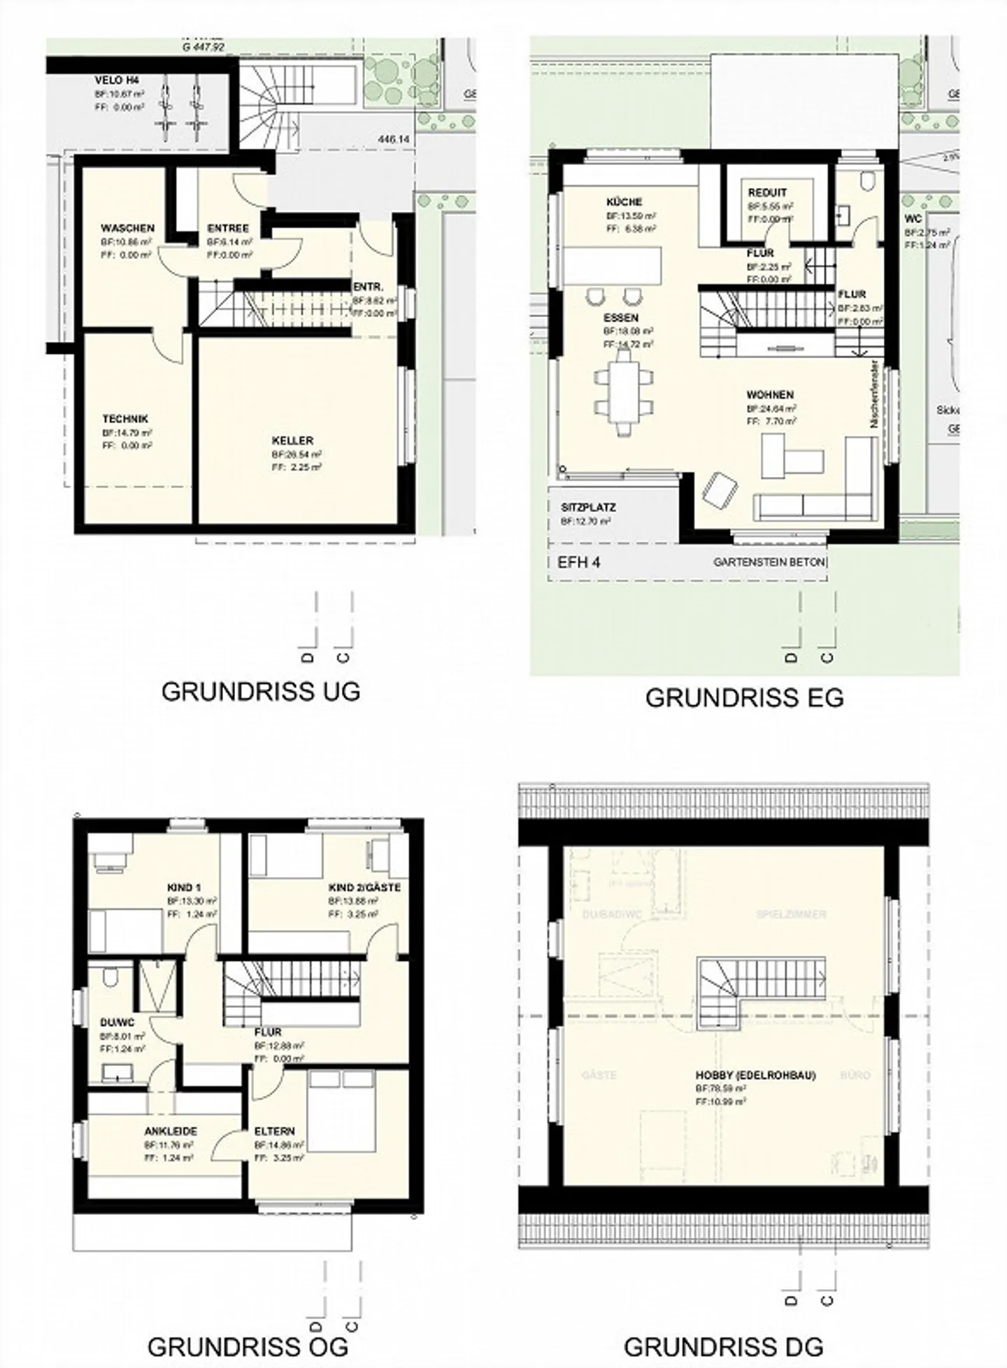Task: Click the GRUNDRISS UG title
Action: [260, 691]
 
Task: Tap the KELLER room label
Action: [292, 441]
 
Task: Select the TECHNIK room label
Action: [125, 419]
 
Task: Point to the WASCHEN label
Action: [127, 229]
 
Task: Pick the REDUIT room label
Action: [767, 192]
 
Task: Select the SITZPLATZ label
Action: [588, 507]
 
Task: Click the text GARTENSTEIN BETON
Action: [769, 562]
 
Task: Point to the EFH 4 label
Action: [578, 562]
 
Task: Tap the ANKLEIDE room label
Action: [171, 1131]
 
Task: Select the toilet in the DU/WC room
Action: [109, 977]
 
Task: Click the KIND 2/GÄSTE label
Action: [364, 888]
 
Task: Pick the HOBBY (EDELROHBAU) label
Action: [755, 1075]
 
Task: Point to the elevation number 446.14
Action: [393, 140]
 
